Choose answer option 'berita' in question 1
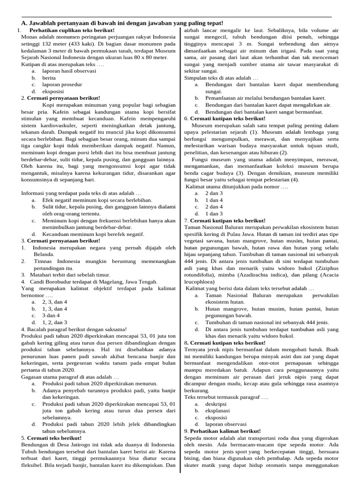(x=49, y=78)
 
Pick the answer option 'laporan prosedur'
(x=62, y=84)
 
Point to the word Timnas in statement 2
(x=43, y=261)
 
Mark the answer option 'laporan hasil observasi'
(x=69, y=71)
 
